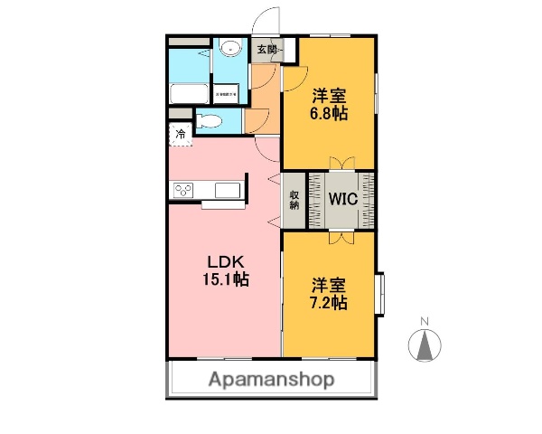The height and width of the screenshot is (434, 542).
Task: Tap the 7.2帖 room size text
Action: [x=329, y=303]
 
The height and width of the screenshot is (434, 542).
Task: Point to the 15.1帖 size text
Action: [x=224, y=279]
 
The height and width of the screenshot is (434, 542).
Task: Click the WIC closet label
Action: [x=341, y=199]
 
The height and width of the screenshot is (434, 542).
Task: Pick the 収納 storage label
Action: [x=294, y=200]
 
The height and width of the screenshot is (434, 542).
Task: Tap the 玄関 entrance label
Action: [x=268, y=50]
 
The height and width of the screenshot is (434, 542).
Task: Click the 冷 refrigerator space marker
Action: [x=180, y=135]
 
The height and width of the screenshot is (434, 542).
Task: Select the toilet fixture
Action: [x=209, y=120]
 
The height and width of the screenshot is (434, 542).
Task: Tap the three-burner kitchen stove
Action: [x=184, y=190]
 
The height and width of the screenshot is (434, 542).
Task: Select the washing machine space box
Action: [x=226, y=92]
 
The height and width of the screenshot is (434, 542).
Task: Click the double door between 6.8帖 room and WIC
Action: [x=341, y=163]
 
